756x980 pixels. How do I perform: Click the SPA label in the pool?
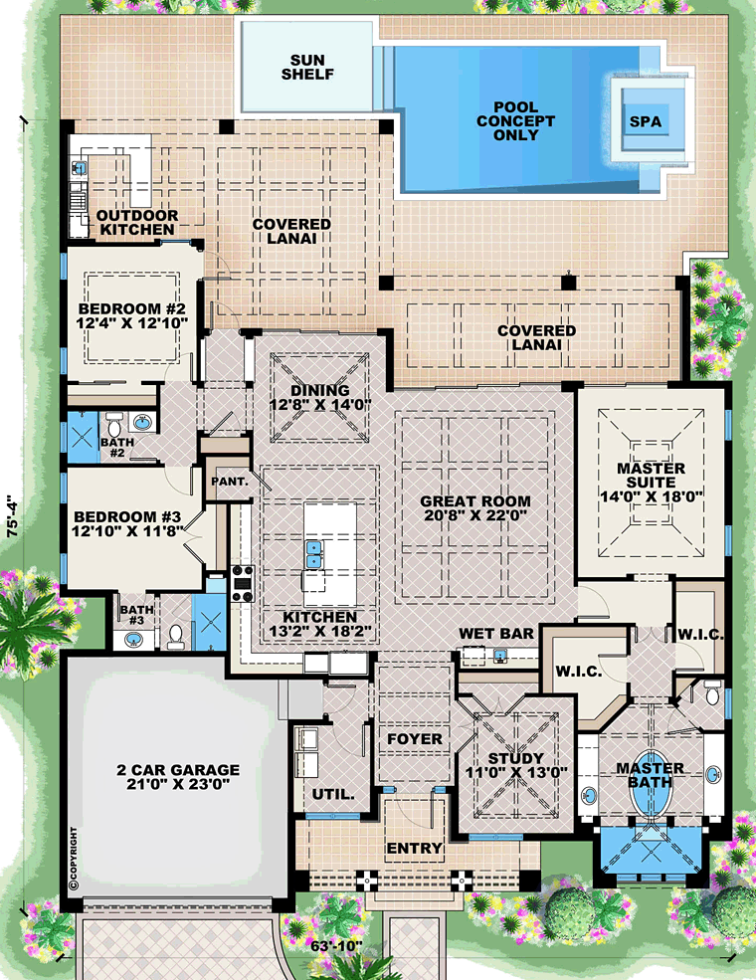(x=645, y=121)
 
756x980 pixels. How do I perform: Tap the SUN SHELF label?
(x=307, y=67)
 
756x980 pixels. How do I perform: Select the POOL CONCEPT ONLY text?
(x=515, y=121)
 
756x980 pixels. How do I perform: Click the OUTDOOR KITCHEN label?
(x=137, y=223)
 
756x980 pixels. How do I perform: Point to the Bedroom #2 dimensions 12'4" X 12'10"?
(x=132, y=322)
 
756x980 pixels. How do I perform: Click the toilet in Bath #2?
(x=114, y=426)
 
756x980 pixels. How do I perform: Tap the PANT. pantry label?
(x=230, y=482)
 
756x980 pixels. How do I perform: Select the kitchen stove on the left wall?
(x=243, y=582)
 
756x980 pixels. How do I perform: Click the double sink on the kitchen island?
(x=313, y=554)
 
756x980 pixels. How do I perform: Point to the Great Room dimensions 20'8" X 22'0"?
(x=475, y=515)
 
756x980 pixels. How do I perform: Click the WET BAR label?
(x=496, y=634)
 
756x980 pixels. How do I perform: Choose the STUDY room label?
(x=516, y=759)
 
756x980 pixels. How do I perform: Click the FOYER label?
(x=414, y=739)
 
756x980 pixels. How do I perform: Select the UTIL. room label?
(x=333, y=794)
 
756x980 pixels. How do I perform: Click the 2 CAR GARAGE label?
(x=178, y=769)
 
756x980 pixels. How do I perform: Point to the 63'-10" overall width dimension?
(x=337, y=946)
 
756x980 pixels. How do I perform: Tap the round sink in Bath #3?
(x=132, y=640)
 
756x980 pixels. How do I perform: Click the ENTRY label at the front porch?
(x=414, y=848)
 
